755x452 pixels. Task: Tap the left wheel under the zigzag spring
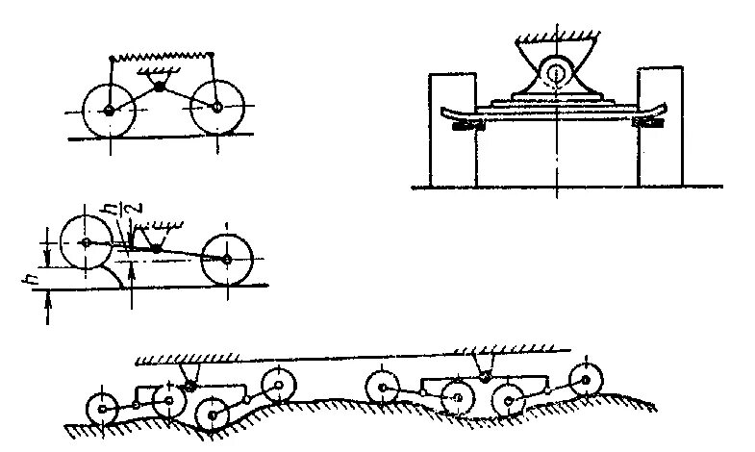click(x=108, y=110)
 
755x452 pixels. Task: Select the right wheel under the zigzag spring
click(x=218, y=107)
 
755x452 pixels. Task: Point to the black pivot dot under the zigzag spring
click(x=161, y=89)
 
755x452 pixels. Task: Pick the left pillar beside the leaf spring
click(x=453, y=128)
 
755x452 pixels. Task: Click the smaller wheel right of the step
click(x=226, y=260)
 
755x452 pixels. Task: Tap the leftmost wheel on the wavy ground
click(x=100, y=408)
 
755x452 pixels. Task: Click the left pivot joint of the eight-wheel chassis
click(x=189, y=385)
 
